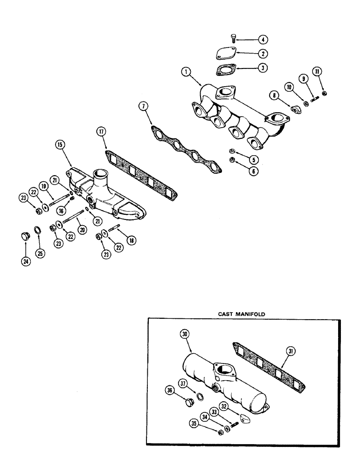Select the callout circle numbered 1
[186, 72]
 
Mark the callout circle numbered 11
[318, 72]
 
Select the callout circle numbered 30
[186, 335]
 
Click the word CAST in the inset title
[228, 314]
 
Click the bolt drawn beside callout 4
[234, 40]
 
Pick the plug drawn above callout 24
[23, 236]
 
